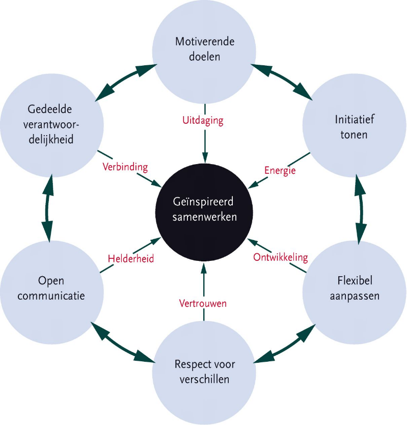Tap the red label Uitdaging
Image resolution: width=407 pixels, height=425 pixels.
(203, 121)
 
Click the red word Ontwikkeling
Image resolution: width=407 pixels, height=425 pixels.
(281, 257)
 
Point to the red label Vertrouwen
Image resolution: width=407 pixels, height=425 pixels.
(203, 303)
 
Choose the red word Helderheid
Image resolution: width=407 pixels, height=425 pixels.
(131, 258)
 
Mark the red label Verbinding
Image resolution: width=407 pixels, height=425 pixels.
(125, 167)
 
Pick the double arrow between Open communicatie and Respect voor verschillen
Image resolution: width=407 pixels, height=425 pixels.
(122, 342)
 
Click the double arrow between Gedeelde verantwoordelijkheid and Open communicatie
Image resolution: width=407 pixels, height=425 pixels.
(47, 207)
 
